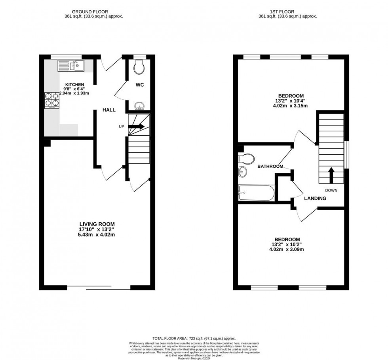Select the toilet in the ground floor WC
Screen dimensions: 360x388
coord(139,68)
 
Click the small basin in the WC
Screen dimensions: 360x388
coord(139,106)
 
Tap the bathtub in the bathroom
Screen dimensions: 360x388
coord(256,193)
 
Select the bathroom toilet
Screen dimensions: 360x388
coord(245,159)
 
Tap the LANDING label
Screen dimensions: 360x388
coord(315,198)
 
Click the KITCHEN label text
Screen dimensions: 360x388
coord(74,85)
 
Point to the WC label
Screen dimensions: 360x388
coord(140,85)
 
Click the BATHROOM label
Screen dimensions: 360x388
coord(270,167)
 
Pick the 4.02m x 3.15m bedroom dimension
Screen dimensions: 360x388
coord(291,106)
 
